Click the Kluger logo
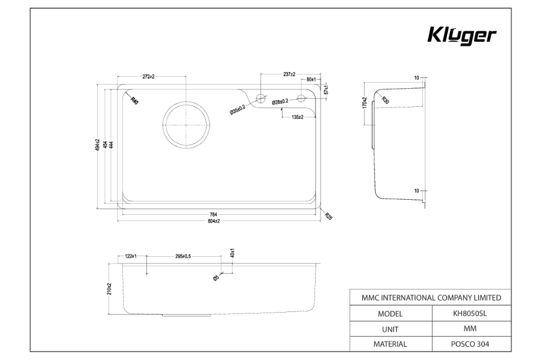click(x=461, y=35)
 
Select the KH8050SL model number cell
click(x=473, y=313)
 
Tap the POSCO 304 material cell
click(x=473, y=344)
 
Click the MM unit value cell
click(x=473, y=329)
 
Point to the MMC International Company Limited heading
click(x=431, y=298)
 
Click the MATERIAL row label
click(x=390, y=344)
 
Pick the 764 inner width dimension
click(x=214, y=214)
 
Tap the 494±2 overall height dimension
click(x=97, y=145)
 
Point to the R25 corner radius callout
click(x=328, y=215)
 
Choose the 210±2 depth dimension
click(x=109, y=289)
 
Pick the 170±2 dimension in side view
click(x=364, y=103)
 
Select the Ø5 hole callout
click(x=216, y=277)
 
